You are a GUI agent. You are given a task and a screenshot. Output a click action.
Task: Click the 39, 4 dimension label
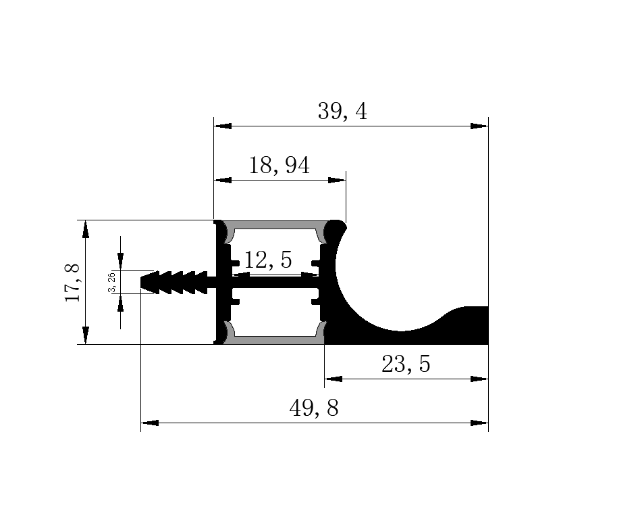coord(342,112)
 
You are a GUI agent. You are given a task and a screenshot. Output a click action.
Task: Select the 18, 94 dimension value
coord(279,166)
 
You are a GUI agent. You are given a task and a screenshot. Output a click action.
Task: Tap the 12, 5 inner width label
coord(268,260)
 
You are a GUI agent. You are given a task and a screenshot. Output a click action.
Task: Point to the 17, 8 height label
coord(73,283)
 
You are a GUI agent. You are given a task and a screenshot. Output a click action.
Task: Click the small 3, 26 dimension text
coord(112,283)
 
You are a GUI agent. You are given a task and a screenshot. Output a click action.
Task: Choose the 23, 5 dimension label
coord(406,364)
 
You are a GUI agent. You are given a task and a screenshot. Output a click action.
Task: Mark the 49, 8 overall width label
coord(314,408)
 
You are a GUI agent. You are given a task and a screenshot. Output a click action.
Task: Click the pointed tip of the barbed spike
coord(141,282)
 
